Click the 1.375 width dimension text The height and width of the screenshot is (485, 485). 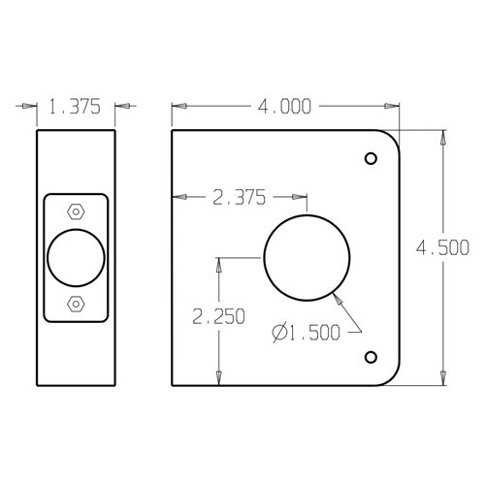(x=76, y=109)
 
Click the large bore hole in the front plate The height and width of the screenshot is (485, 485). (x=307, y=258)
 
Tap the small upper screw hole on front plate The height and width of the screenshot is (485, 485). (x=370, y=158)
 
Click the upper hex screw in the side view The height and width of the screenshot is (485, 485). (x=76, y=210)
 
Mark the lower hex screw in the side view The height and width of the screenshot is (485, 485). (x=76, y=305)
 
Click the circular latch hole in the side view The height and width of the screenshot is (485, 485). (x=76, y=258)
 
